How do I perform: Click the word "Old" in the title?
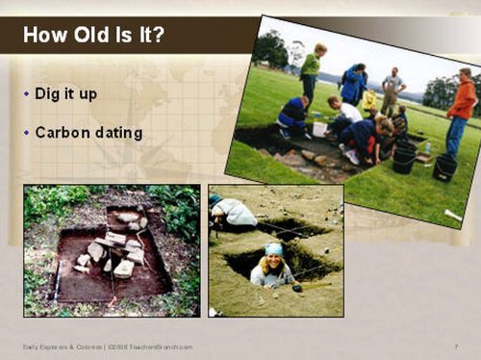88,37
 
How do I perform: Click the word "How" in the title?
44,37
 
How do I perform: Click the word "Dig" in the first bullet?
47,94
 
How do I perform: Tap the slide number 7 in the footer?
455,346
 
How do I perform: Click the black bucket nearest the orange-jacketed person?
444,167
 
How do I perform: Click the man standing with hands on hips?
392,90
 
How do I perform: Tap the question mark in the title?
157,37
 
